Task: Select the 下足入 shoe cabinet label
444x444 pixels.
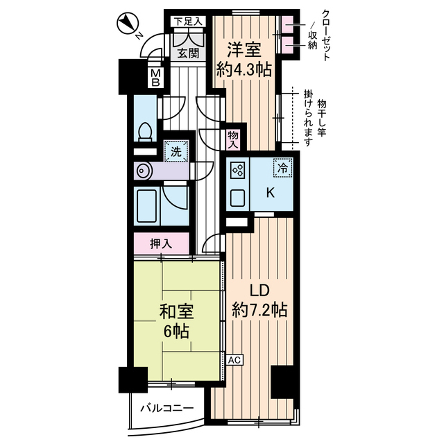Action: (x=187, y=22)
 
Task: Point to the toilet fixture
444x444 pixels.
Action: (x=146, y=132)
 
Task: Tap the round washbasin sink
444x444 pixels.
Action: (x=144, y=169)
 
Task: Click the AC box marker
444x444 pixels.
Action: (x=234, y=360)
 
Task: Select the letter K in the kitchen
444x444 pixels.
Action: (x=270, y=194)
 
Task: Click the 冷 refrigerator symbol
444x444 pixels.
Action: (x=282, y=166)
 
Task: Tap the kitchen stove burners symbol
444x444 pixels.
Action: (x=237, y=170)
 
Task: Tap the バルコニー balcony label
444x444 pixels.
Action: (x=164, y=408)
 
